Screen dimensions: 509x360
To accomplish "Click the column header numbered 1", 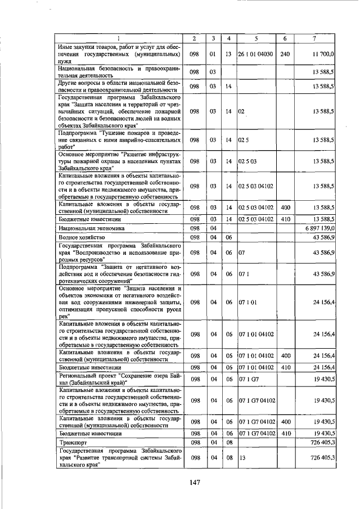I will click(119, 38).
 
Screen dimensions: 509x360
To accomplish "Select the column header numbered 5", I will click(255, 38).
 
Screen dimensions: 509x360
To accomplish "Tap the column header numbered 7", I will click(315, 38).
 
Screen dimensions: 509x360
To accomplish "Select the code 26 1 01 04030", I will click(256, 54).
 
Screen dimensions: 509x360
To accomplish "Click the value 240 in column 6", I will click(285, 54).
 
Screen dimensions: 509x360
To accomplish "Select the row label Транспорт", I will click(71, 443).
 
